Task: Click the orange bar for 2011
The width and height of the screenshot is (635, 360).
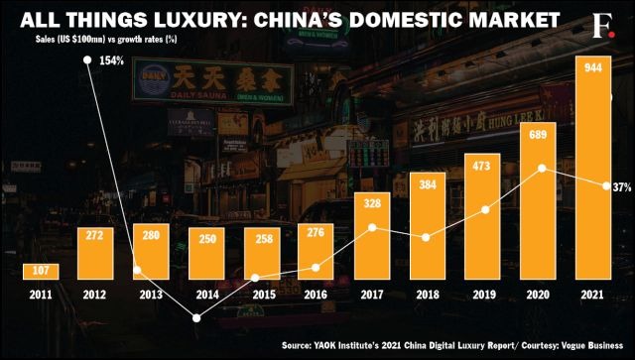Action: coord(41,271)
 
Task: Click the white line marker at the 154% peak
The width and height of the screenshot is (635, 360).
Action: coord(88,60)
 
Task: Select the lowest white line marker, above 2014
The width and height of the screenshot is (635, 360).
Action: coord(197,318)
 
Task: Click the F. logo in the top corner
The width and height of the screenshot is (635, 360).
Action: coord(602,21)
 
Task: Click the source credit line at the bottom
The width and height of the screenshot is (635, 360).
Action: coord(454,346)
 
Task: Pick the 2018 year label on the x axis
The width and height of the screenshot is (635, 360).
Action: coord(429,295)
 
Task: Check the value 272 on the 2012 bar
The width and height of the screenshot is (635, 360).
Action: coord(96,236)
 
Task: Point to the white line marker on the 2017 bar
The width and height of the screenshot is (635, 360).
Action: coord(371,227)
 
